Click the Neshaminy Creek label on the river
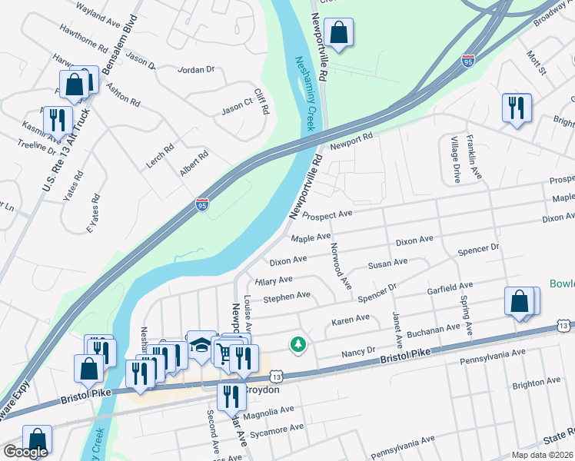pyautogui.click(x=306, y=93)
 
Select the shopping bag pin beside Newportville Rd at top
pyautogui.click(x=337, y=33)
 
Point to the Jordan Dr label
pyautogui.click(x=195, y=69)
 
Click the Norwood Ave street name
pyautogui.click(x=340, y=267)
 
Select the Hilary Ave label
pyautogui.click(x=274, y=280)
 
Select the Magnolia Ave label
pyautogui.click(x=264, y=416)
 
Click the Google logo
pyautogui.click(x=25, y=452)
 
